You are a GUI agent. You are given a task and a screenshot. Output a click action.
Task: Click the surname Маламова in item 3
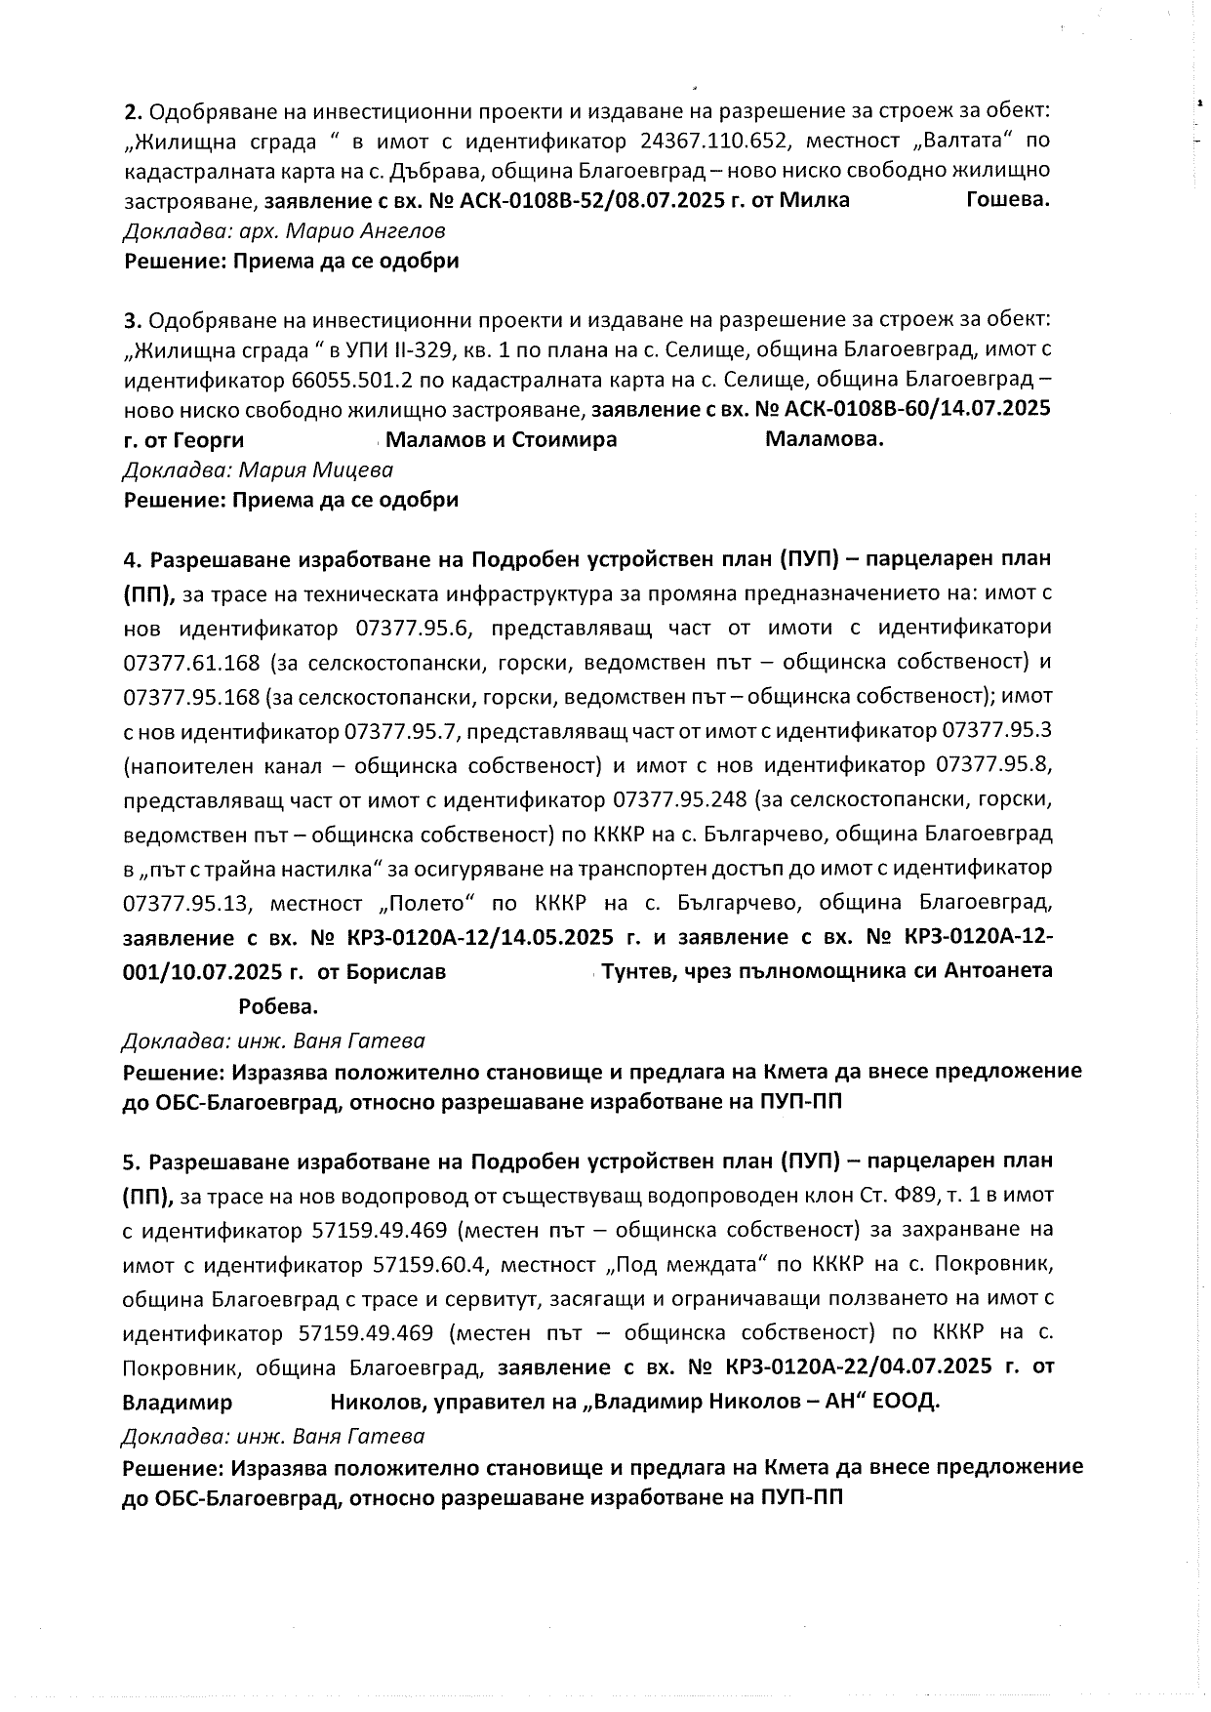[824, 439]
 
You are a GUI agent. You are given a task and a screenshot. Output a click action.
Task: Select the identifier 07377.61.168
[192, 663]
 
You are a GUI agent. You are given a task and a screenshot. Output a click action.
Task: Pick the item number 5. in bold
[133, 1162]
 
